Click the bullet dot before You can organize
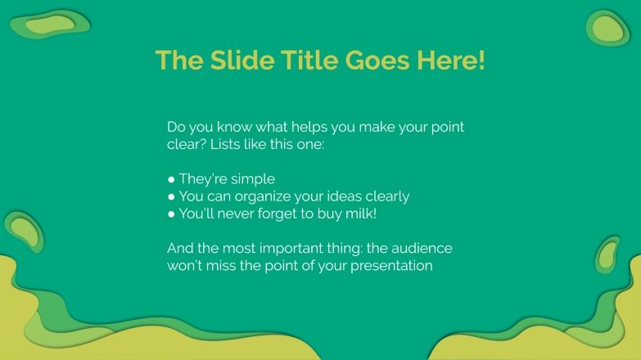pos(171,197)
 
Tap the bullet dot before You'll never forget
pos(171,214)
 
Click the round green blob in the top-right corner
pos(607,28)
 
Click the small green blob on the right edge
pos(608,254)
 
